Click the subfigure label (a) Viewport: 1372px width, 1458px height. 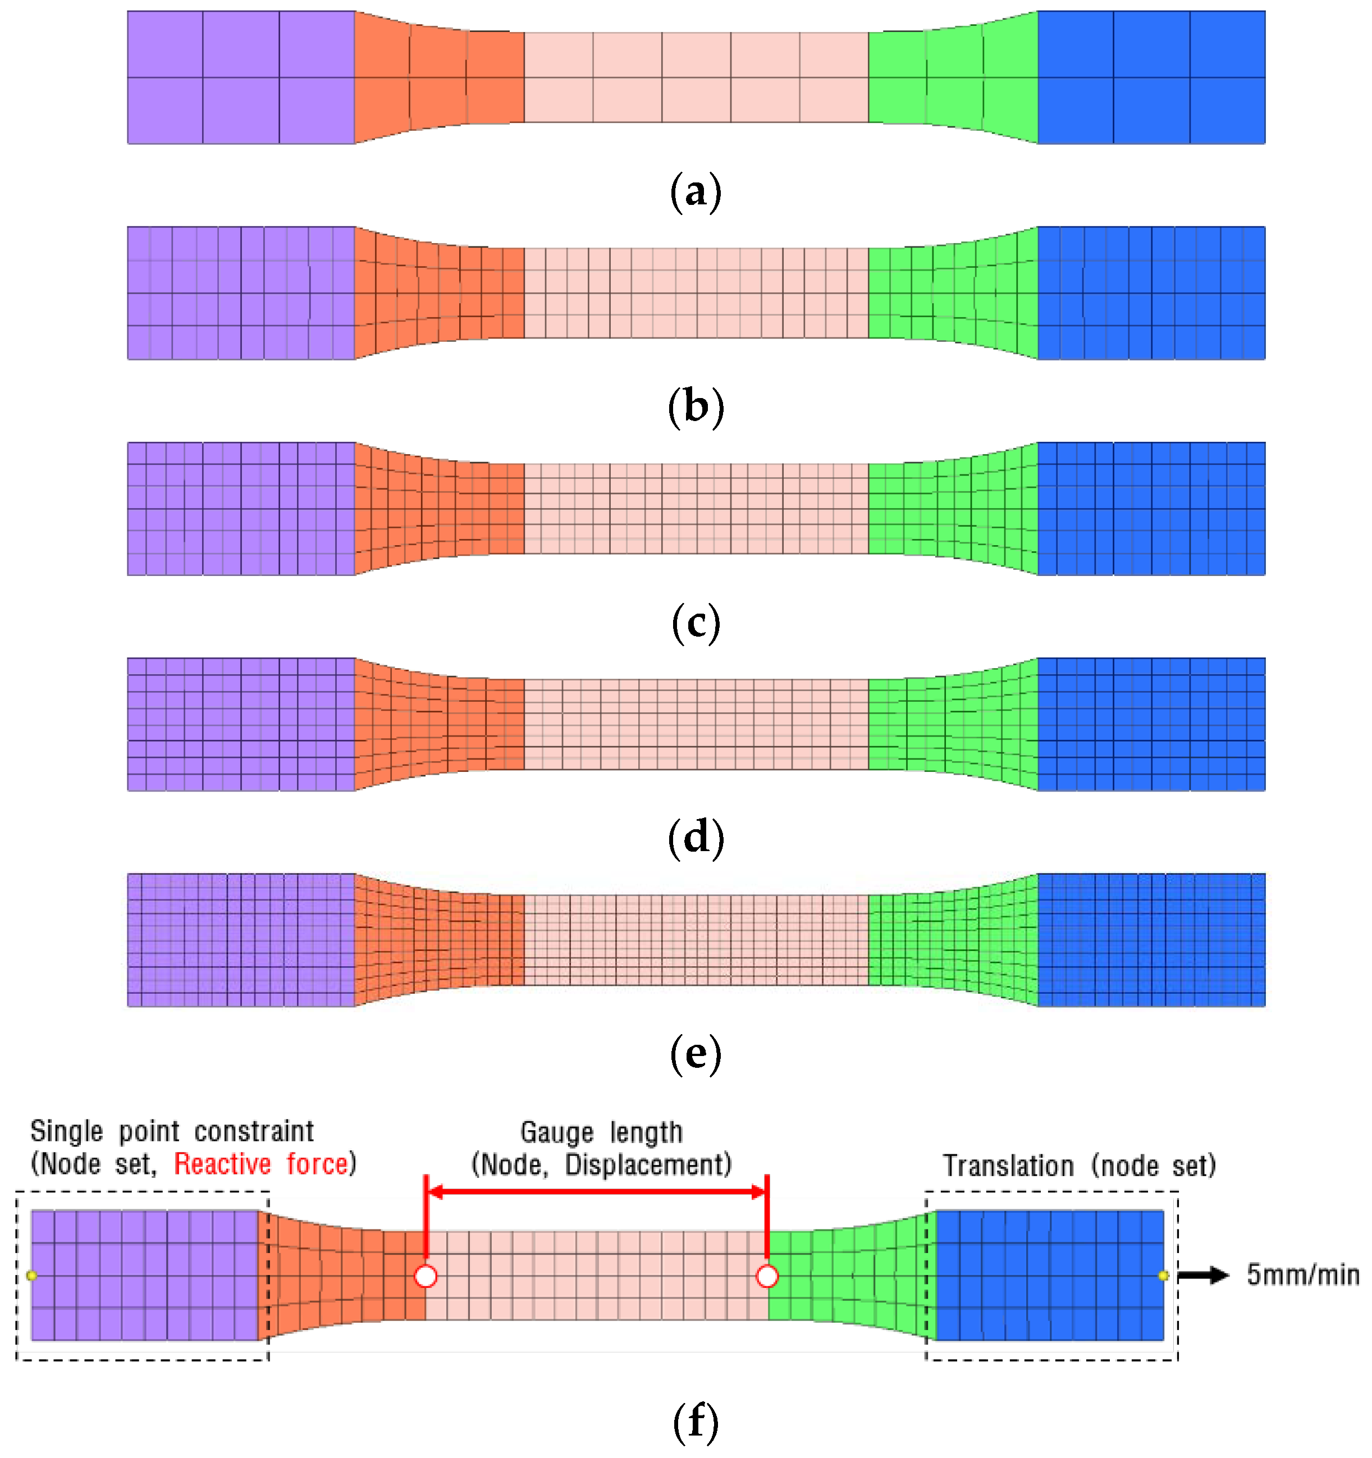click(694, 192)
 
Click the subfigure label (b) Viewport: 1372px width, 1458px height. click(694, 407)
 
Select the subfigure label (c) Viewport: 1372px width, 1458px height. click(694, 623)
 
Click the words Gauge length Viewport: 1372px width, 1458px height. click(601, 1132)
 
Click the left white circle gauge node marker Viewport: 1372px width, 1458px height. click(426, 1276)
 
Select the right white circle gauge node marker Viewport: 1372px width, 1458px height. click(766, 1276)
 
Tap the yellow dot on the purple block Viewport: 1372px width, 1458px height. click(31, 1276)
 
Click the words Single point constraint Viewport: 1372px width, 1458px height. click(172, 1131)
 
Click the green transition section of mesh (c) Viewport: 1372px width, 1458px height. click(952, 508)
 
